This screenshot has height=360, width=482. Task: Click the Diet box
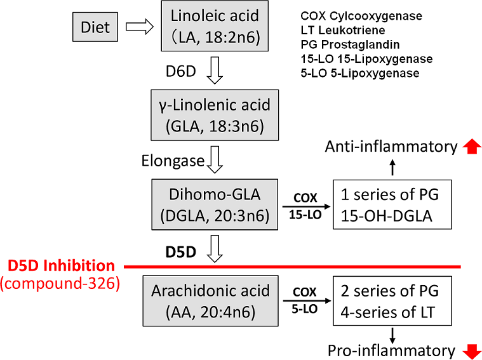point(95,27)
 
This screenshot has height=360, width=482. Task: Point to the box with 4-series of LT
point(394,300)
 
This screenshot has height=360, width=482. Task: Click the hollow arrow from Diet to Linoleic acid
point(140,27)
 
